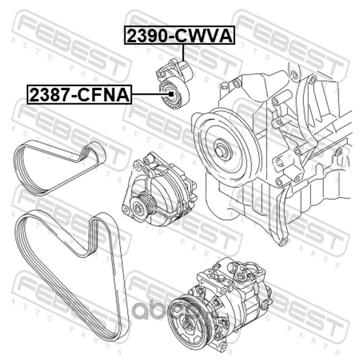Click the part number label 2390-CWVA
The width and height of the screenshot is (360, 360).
[x=180, y=35]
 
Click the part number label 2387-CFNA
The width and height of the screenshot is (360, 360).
[x=80, y=94]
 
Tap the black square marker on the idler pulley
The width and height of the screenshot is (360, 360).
[x=171, y=94]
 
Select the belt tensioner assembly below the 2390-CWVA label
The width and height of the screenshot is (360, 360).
[x=174, y=84]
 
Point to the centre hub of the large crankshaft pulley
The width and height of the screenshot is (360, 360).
[x=220, y=148]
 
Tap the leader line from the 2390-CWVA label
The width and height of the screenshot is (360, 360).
[x=183, y=52]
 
